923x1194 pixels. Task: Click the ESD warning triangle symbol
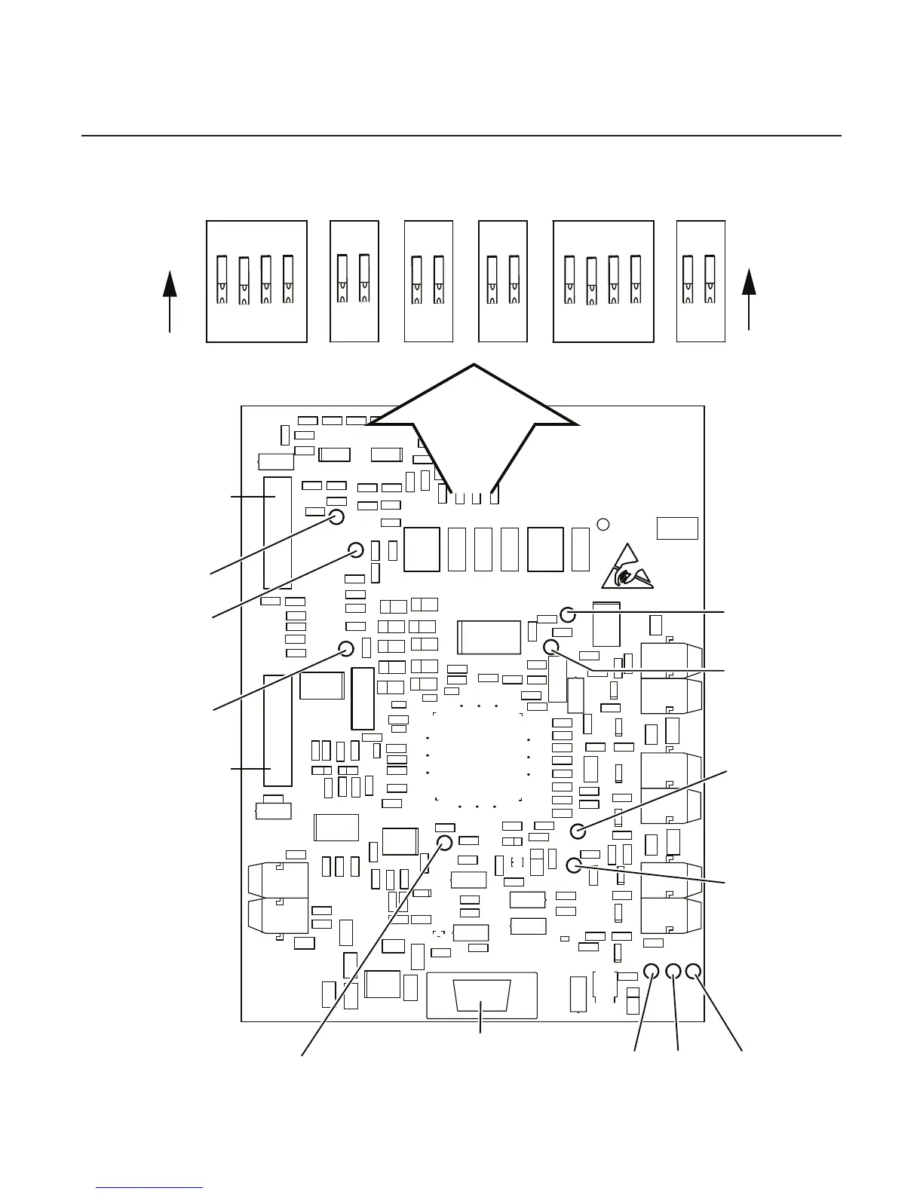click(x=627, y=567)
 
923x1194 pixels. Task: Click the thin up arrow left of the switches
click(x=170, y=300)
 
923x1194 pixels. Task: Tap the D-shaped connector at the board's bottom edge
click(x=482, y=996)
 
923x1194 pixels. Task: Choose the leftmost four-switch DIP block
click(x=256, y=281)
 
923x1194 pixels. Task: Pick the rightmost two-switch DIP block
click(x=701, y=281)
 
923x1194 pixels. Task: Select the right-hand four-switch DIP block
click(x=603, y=281)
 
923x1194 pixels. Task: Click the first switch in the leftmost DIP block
click(x=222, y=280)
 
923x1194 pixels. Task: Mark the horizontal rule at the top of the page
click(x=461, y=136)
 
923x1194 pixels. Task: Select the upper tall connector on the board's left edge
click(x=277, y=532)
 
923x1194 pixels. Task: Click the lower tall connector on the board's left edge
click(x=277, y=730)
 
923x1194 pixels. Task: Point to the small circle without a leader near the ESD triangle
click(x=603, y=524)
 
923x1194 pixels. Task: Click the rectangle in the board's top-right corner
click(x=677, y=528)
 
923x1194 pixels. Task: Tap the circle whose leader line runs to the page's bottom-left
click(x=444, y=842)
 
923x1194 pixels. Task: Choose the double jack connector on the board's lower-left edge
click(x=278, y=899)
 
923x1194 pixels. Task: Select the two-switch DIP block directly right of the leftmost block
click(x=354, y=281)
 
